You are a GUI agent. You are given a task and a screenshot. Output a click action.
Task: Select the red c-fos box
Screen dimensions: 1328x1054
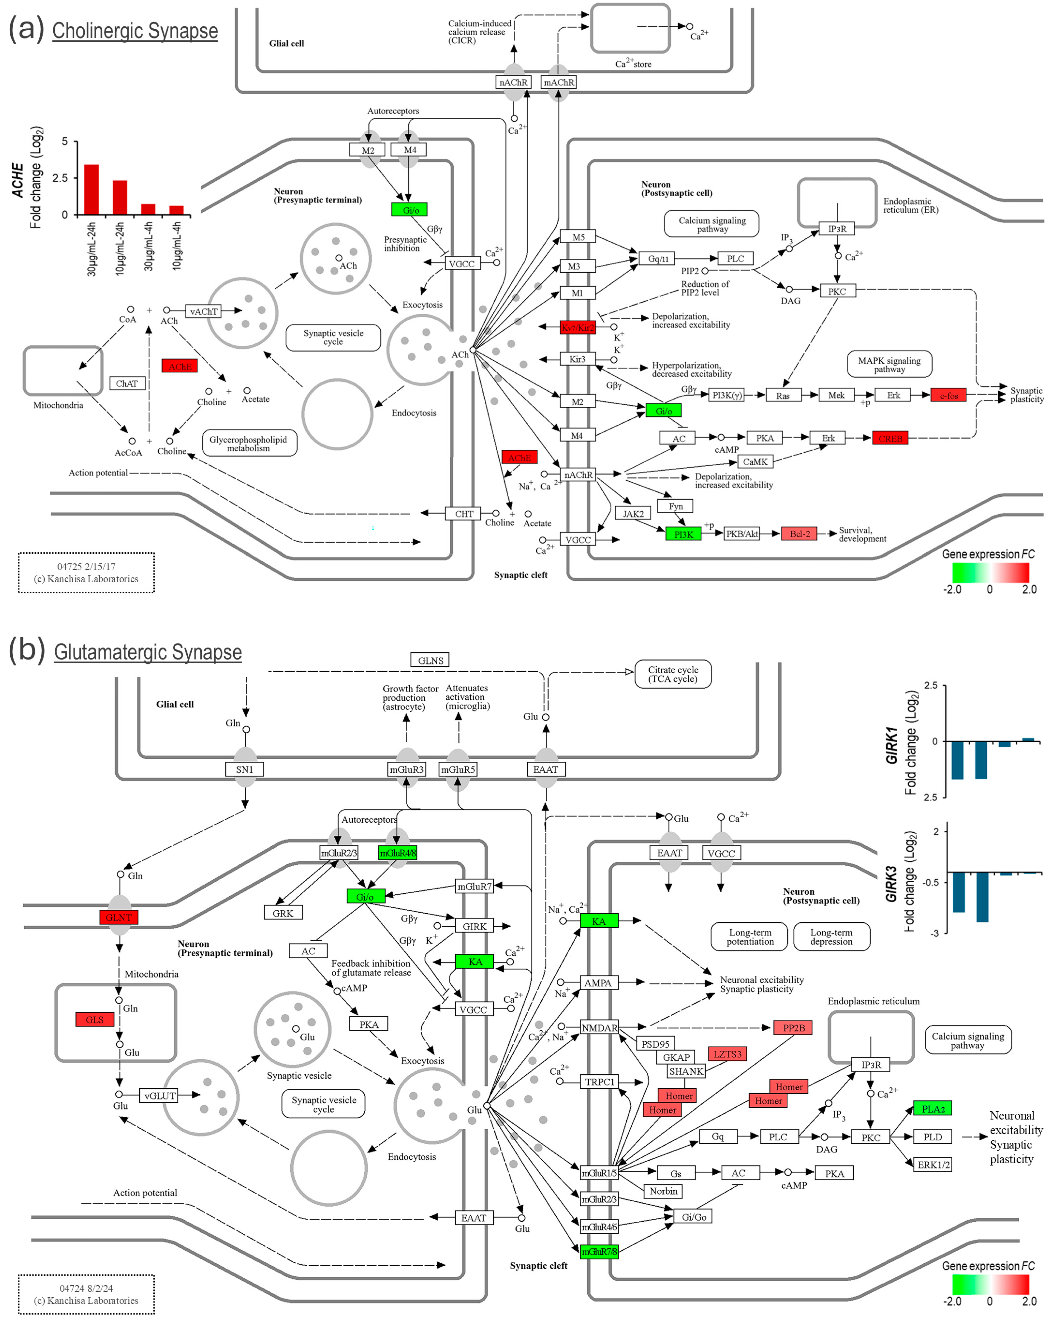[948, 395]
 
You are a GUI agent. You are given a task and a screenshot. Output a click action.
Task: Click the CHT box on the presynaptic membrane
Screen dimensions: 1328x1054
[464, 514]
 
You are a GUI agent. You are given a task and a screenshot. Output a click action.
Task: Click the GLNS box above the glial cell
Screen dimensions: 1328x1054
[430, 660]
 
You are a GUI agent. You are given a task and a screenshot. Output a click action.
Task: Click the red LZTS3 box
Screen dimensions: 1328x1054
[727, 1054]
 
